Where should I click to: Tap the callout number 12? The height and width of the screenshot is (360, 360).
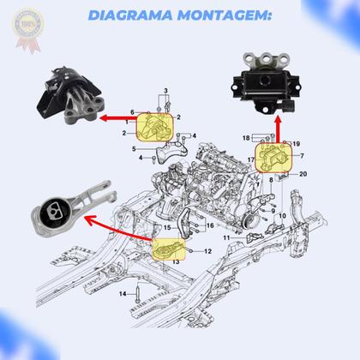[208, 250]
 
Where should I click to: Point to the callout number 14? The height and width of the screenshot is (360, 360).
[122, 294]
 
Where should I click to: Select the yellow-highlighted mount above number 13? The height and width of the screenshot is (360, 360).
[168, 249]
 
